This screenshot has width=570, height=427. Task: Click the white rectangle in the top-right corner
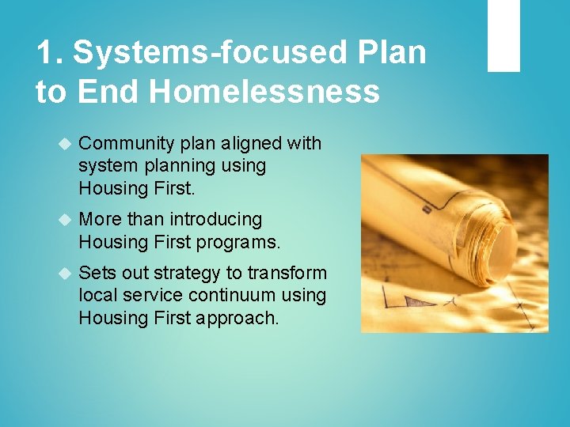pyautogui.click(x=503, y=36)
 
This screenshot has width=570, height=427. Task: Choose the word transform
pyautogui.click(x=287, y=273)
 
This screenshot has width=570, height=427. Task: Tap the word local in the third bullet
pyautogui.click(x=97, y=296)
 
